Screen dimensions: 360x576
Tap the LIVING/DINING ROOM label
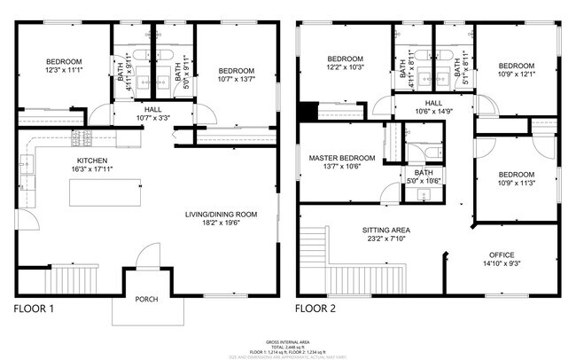pos(221,214)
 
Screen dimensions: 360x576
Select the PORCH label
pos(146,300)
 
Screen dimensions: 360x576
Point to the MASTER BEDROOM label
pos(342,158)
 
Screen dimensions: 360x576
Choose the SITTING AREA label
pos(385,230)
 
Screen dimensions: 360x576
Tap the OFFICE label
pos(502,254)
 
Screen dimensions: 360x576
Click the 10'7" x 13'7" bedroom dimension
pos(237,80)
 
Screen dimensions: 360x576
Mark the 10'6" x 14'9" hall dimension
pos(434,111)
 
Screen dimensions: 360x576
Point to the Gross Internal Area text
pos(288,341)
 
